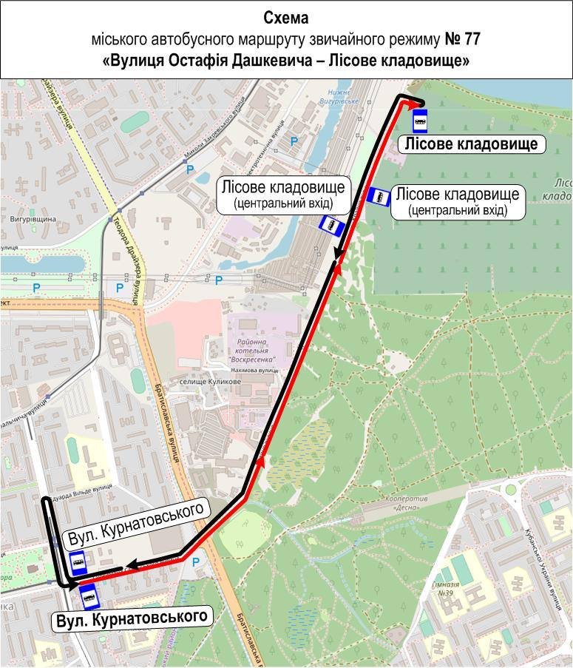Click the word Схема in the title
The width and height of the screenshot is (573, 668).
pos(285,17)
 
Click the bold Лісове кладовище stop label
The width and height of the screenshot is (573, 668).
pos(472,144)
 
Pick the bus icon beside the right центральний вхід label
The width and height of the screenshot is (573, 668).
pos(379,196)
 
